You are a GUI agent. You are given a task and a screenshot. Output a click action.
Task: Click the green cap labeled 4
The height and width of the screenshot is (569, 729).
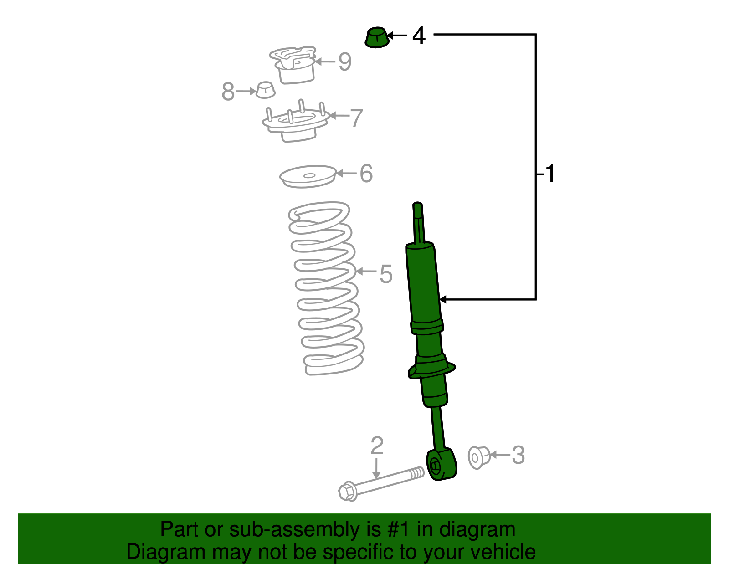click(377, 37)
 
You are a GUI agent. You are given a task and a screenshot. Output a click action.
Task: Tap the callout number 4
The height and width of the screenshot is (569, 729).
click(419, 36)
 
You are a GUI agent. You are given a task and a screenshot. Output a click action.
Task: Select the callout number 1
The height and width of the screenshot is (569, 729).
click(550, 174)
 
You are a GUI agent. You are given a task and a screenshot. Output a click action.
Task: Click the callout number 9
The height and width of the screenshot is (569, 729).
click(345, 62)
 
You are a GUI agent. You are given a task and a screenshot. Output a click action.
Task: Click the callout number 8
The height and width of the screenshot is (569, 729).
click(228, 92)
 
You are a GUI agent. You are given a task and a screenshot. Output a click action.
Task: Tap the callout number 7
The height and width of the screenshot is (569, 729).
click(356, 118)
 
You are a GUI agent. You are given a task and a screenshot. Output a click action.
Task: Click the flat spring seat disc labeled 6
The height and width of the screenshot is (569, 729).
click(308, 176)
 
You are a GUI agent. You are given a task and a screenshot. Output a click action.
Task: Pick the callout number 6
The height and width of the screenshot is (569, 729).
click(366, 174)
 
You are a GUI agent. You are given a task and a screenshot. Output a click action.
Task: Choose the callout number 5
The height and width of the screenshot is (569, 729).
click(385, 274)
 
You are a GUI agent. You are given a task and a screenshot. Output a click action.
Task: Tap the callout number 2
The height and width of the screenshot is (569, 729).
click(377, 446)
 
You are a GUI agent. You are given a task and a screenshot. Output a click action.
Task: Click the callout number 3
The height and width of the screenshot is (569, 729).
click(518, 455)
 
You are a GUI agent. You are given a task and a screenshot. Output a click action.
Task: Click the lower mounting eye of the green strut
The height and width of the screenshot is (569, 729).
click(441, 465)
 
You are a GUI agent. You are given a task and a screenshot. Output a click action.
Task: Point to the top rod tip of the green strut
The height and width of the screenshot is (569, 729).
click(417, 207)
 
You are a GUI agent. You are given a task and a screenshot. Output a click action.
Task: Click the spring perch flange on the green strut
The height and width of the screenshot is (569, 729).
click(431, 369)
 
